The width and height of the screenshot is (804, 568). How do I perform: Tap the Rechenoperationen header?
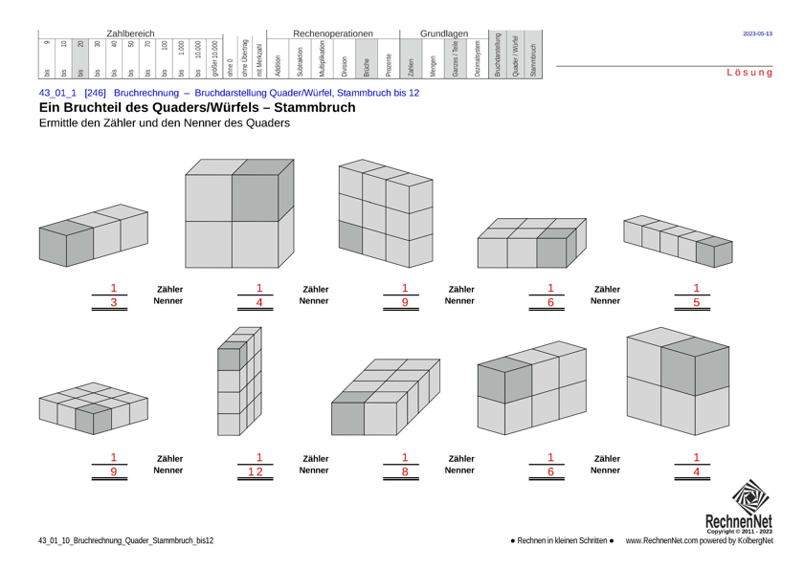(333, 33)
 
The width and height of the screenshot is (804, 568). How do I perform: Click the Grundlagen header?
(444, 33)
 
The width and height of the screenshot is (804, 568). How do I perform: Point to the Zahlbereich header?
(130, 33)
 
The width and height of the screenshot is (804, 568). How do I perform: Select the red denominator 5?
(696, 302)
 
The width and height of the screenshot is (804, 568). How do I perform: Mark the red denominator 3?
(113, 302)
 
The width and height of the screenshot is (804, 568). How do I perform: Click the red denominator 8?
(405, 472)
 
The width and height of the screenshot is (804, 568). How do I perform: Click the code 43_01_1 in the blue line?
(57, 93)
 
